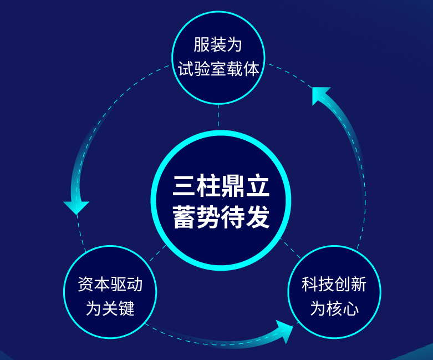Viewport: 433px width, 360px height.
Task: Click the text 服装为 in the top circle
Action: point(218,45)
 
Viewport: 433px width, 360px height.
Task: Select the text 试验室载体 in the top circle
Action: point(218,69)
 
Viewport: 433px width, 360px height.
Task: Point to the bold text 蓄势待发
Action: point(221,217)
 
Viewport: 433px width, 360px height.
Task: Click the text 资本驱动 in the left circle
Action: point(110,285)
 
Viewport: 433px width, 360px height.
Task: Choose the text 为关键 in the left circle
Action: point(110,308)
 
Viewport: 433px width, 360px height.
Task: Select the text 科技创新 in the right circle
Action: point(334,285)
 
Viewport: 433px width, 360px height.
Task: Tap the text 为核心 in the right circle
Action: point(334,308)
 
